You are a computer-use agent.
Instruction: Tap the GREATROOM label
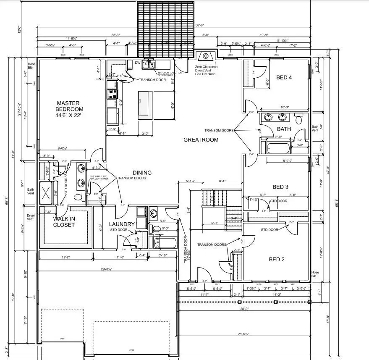201,140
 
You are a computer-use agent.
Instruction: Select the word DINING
142,173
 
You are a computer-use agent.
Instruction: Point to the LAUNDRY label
121,224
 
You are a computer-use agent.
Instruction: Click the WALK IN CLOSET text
64,221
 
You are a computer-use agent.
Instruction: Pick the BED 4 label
284,77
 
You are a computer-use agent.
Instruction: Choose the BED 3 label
281,187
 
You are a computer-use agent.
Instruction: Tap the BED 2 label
277,259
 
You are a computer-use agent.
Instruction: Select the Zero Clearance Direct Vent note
205,70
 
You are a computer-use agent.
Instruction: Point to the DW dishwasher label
137,63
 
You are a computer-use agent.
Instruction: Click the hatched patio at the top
166,28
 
